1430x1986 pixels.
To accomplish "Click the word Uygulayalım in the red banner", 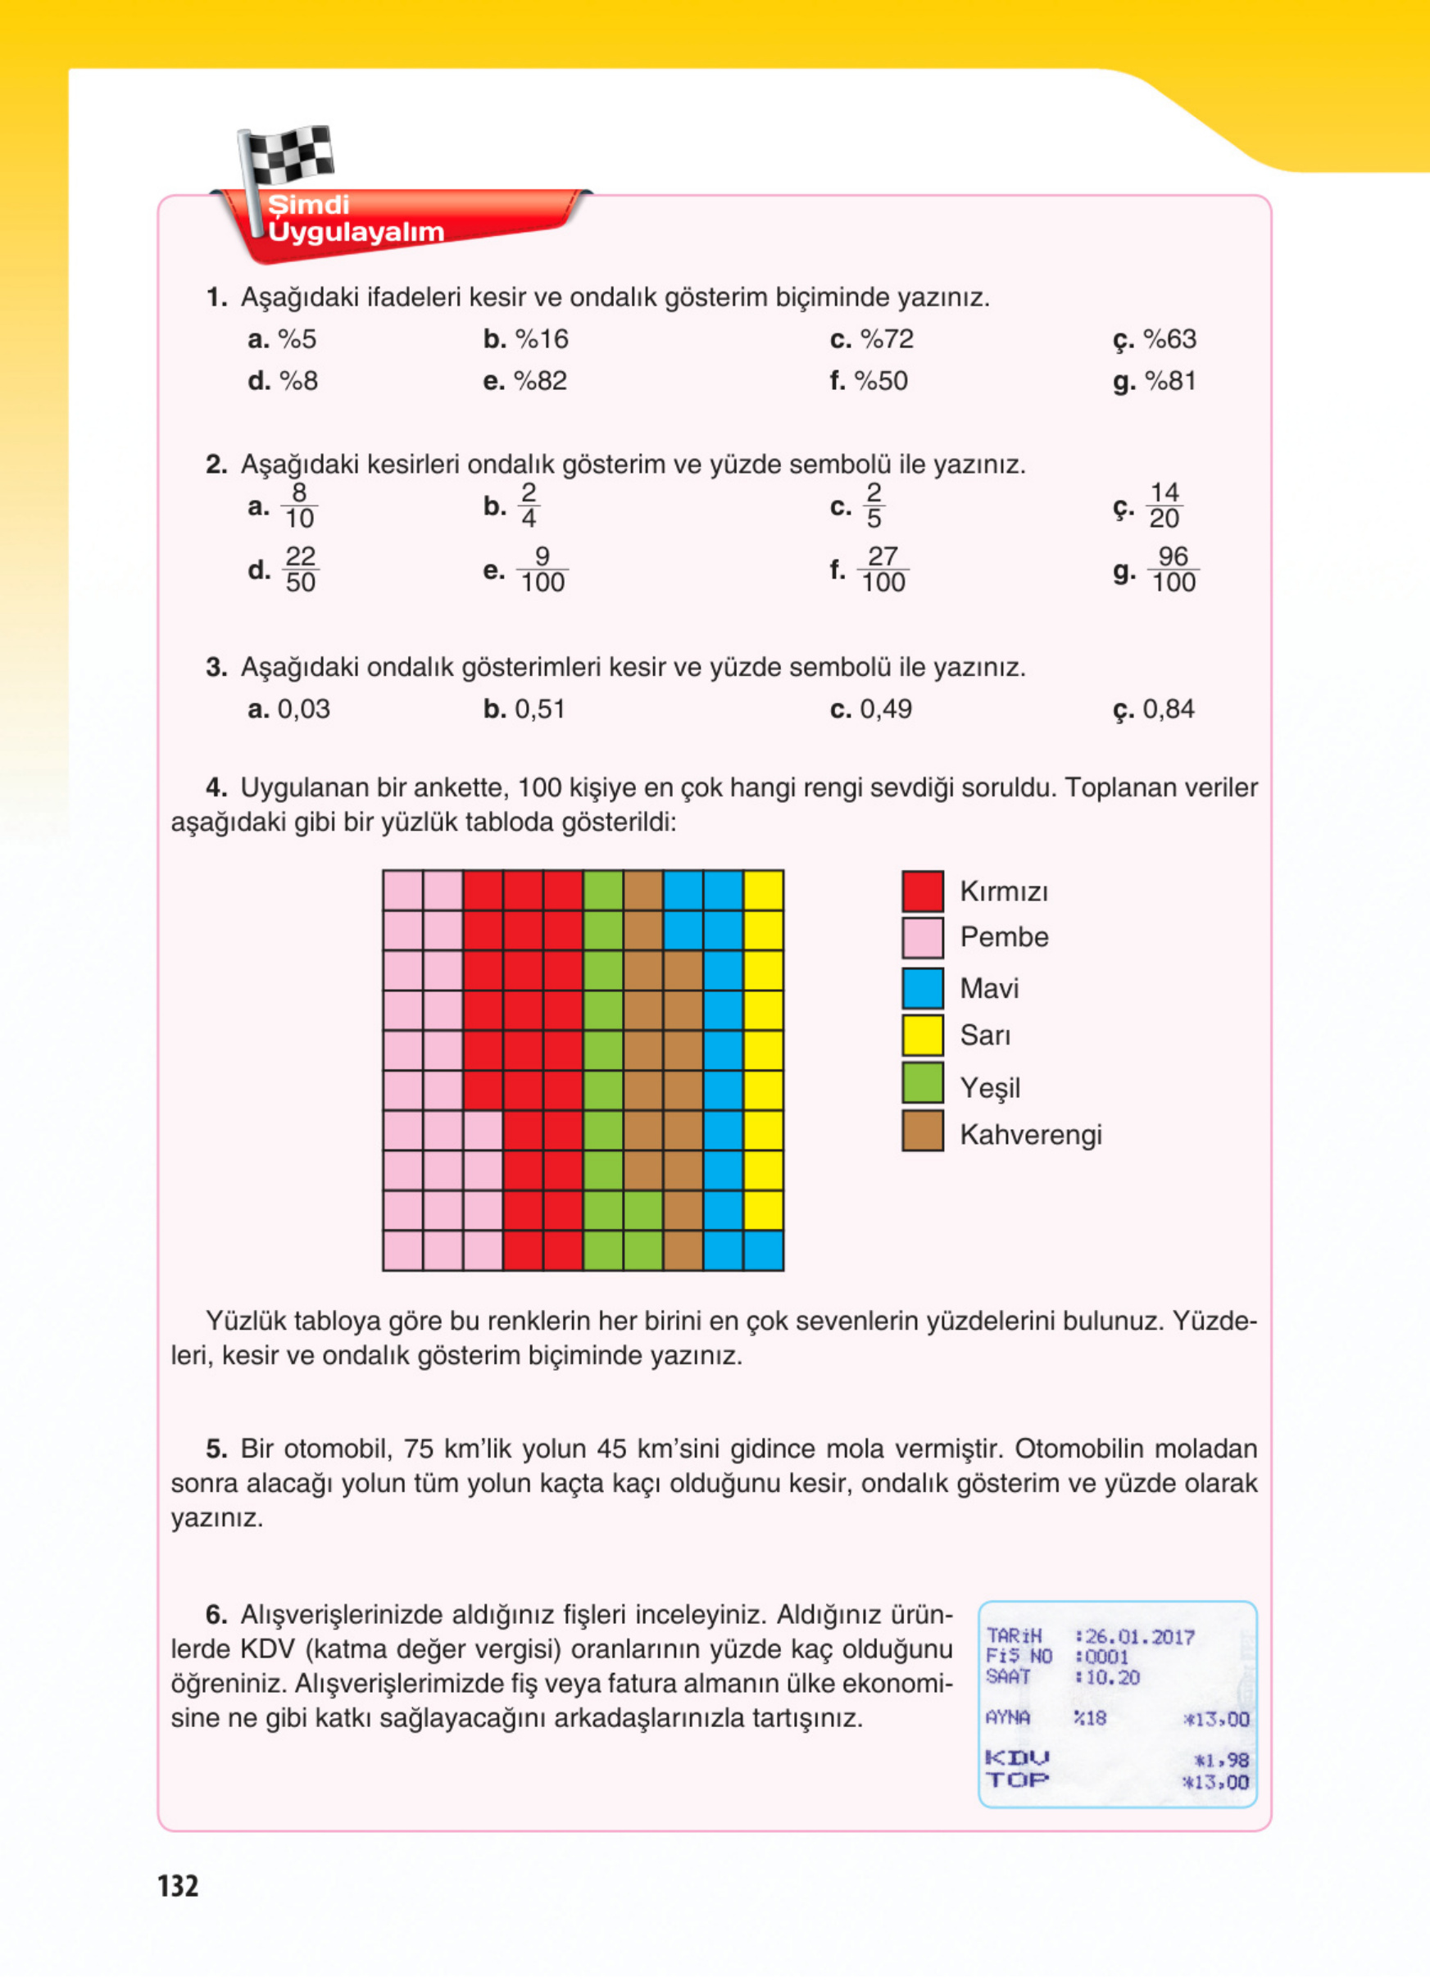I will pos(356,232).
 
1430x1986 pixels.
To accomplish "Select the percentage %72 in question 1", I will pos(886,339).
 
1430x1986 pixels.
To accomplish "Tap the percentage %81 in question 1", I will pos(1170,381).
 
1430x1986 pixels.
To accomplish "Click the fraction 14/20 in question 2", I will pos(1164,506).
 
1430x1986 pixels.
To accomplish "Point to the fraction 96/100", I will pos(1173,569).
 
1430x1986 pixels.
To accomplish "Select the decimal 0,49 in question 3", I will pos(885,709).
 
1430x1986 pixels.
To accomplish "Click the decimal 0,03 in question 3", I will pos(303,709).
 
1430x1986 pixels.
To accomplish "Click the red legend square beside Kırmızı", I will pos(922,891).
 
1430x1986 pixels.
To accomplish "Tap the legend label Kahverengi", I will pos(1030,1134).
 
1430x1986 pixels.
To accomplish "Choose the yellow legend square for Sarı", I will pos(922,1034).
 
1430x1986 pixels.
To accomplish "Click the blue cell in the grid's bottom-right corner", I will pos(763,1249).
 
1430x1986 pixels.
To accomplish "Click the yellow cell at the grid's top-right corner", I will pos(763,890).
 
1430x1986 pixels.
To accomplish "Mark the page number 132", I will pos(178,1885).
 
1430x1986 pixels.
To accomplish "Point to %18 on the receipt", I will pos(1090,1718).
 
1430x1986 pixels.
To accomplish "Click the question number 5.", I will pos(216,1449).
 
